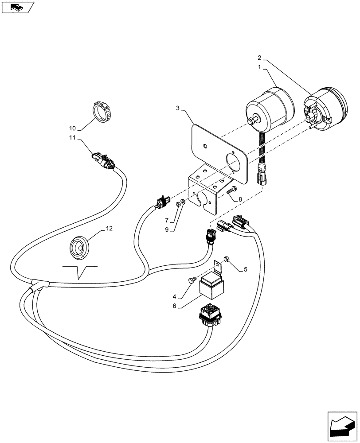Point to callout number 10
coord(72,128)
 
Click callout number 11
coord(72,138)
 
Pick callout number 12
coord(109,229)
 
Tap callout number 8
coord(240,200)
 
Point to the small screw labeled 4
coord(193,280)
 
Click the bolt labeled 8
coord(230,191)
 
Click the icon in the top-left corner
coord(18,7)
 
